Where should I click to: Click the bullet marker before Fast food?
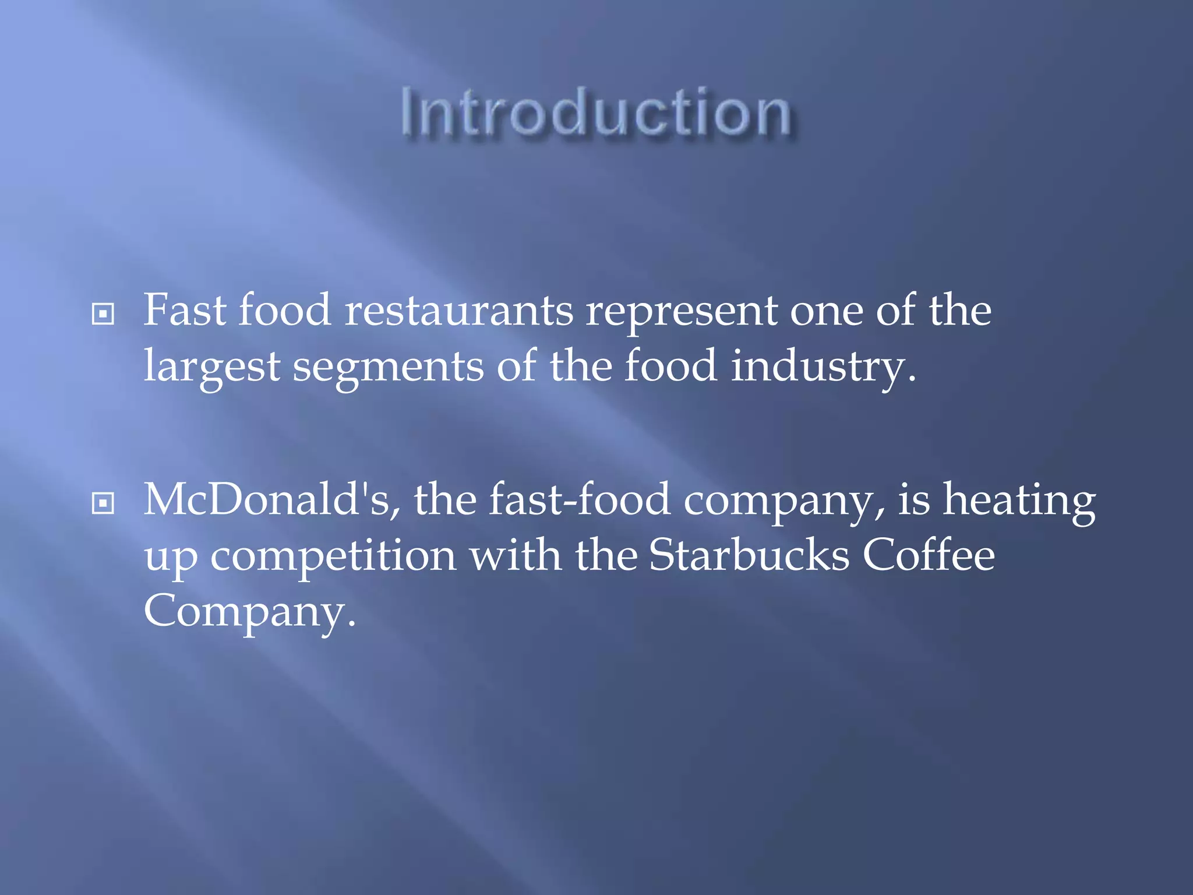click(103, 314)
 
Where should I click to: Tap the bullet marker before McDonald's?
click(103, 503)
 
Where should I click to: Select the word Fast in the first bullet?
click(185, 310)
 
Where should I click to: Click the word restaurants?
click(459, 310)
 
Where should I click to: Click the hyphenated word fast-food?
click(579, 500)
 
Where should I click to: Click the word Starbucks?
click(749, 555)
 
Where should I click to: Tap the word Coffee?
click(929, 555)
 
